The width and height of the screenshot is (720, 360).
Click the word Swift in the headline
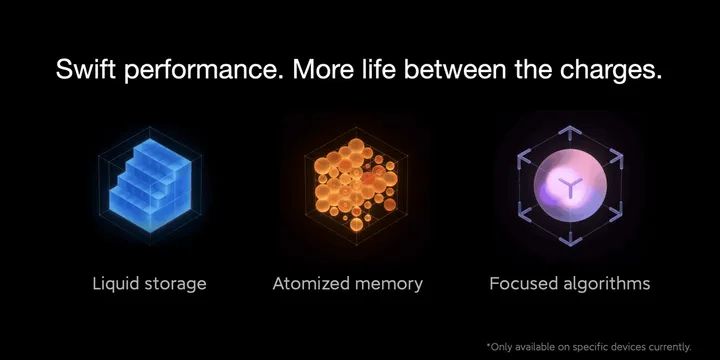[x=86, y=71]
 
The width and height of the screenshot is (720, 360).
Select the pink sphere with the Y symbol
[x=569, y=184]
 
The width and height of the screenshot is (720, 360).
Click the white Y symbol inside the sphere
[x=569, y=185]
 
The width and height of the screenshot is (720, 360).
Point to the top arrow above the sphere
[x=569, y=132]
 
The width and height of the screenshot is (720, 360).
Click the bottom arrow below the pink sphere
[x=569, y=239]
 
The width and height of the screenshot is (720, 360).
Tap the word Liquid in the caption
[x=115, y=284]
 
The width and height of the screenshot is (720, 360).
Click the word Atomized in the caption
[x=310, y=284]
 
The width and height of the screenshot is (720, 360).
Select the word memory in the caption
[x=388, y=285]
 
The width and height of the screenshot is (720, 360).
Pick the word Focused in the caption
[x=522, y=284]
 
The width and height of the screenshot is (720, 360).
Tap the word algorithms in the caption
[x=605, y=285]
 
